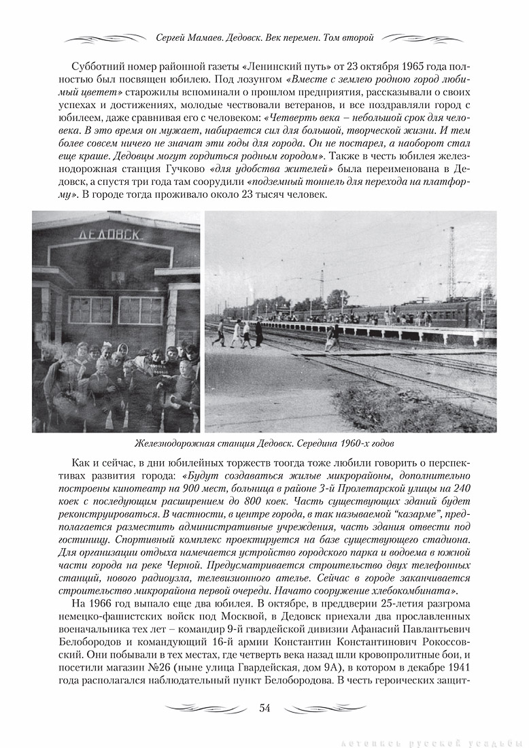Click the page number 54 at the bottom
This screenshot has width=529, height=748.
coord(264,709)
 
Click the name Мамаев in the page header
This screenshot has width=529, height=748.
coord(205,38)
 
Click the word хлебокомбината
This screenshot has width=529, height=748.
coord(405,589)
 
